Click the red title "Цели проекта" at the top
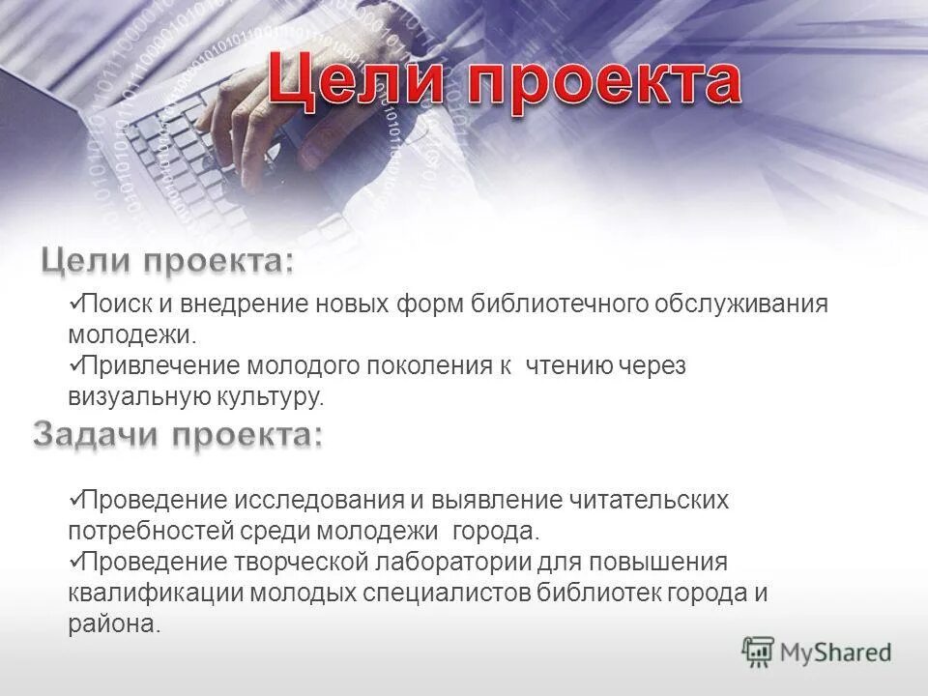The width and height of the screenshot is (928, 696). point(504,83)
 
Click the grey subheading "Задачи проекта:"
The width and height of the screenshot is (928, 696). point(178,436)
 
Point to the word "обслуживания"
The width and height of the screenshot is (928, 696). point(741,304)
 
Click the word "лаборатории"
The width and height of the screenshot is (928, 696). point(478,563)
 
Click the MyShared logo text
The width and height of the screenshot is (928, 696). point(835,652)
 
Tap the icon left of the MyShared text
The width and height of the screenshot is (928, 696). point(759,652)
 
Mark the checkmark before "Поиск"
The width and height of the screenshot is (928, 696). point(73,304)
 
